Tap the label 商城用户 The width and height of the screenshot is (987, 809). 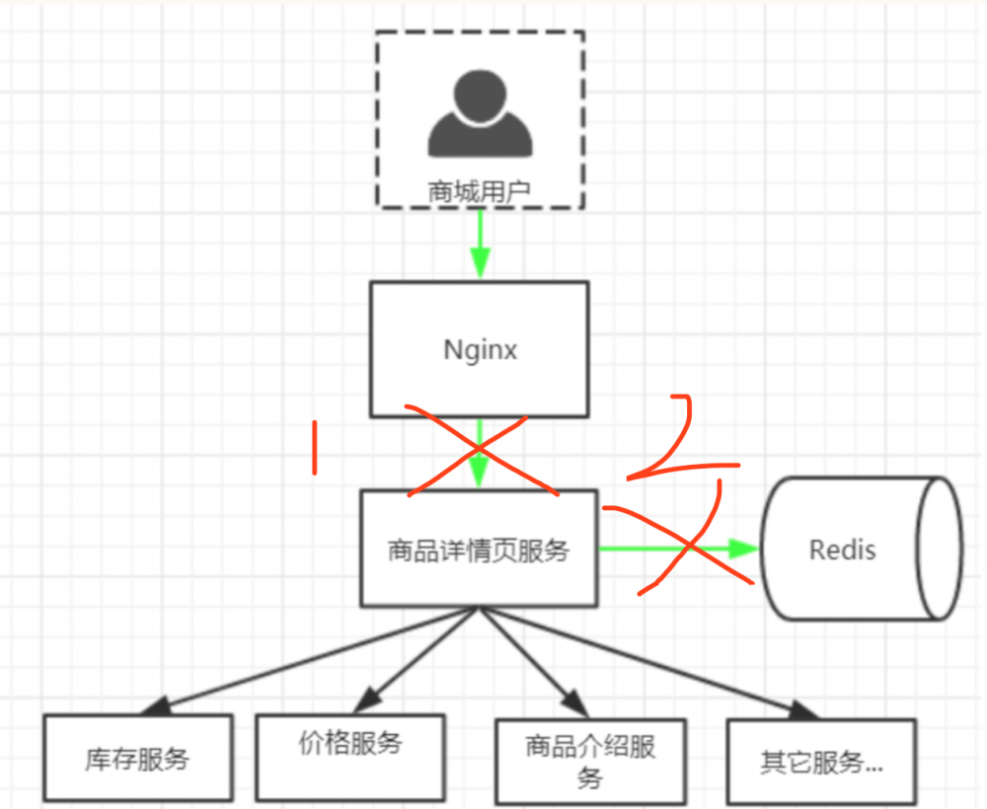pos(480,190)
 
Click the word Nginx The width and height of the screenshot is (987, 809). pos(479,350)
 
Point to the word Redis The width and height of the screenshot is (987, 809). pos(842,549)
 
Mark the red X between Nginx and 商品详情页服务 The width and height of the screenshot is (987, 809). pos(479,450)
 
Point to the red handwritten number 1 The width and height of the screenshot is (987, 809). pos(315,448)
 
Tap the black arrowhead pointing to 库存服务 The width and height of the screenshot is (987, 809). pos(156,706)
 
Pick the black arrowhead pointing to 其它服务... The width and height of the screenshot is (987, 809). pos(805,709)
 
